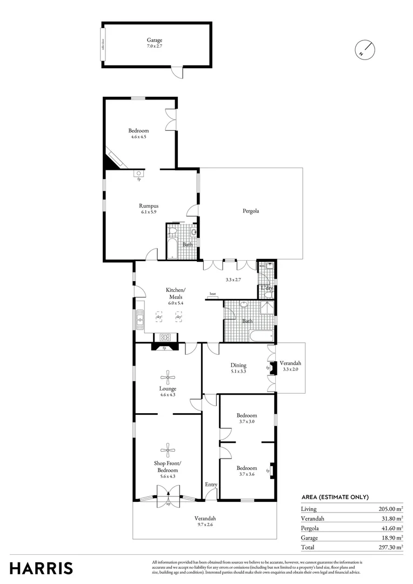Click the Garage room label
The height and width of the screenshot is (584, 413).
coord(155,40)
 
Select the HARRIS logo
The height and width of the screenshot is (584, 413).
coord(41,568)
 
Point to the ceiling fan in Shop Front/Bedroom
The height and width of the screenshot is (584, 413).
coord(168,448)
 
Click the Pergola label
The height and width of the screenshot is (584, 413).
coord(250,211)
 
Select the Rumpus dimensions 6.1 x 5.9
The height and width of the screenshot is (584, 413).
coord(148,212)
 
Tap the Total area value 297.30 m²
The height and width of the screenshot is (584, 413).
coord(391,547)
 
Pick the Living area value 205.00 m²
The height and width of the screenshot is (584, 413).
coord(391,509)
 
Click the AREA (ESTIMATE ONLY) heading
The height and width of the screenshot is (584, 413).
coord(335,497)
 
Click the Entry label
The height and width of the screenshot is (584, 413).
coord(211,485)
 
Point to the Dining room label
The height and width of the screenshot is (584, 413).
coord(238,366)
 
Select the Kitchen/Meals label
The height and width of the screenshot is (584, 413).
coord(174,294)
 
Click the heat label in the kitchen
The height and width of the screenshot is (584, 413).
coord(213,294)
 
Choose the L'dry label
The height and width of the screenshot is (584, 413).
coord(267,288)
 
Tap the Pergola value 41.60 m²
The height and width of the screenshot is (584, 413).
coord(391,528)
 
